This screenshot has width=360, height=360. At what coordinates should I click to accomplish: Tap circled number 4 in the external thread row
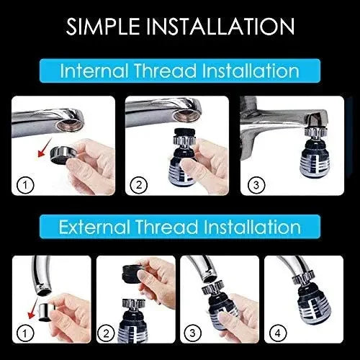tap(279, 333)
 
